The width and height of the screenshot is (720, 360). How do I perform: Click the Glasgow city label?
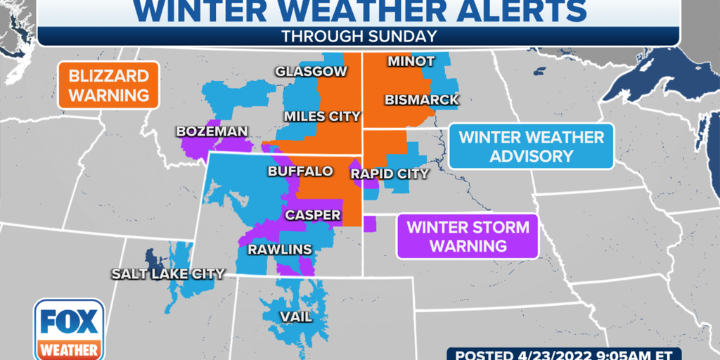point(311,72)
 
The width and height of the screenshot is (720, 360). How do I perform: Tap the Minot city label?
point(411,62)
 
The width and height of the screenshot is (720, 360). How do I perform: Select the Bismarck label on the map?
point(423,101)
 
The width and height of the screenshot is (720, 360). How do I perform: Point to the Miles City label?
point(322,116)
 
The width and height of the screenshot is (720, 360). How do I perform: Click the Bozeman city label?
point(212,131)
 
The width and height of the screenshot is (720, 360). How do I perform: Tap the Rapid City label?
point(390,173)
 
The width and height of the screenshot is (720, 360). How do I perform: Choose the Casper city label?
point(313,215)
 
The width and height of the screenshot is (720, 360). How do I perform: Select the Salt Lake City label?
point(168,274)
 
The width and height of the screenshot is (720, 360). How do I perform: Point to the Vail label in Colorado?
point(296,317)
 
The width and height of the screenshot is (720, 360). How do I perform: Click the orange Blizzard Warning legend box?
point(109,86)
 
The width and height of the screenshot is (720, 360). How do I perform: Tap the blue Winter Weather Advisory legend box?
point(532,146)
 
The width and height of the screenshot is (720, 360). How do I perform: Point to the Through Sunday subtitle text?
point(359,36)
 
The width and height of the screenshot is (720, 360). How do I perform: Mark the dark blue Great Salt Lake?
point(150,259)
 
